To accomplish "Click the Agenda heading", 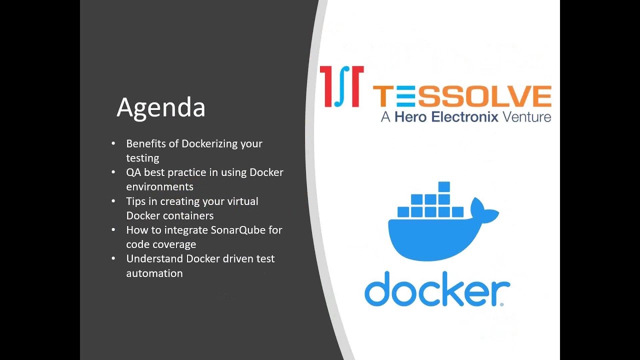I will [161, 108].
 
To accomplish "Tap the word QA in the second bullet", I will [133, 172].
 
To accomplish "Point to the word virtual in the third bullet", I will [241, 201].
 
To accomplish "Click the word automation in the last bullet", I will [154, 273].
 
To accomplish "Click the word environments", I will [159, 187].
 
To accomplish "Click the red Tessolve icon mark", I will [341, 86].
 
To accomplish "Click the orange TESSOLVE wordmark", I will [462, 96].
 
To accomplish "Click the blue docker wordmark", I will [436, 289].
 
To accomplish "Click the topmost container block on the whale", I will [444, 187].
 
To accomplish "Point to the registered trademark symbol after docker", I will [501, 303].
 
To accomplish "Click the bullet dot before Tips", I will [114, 201].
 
